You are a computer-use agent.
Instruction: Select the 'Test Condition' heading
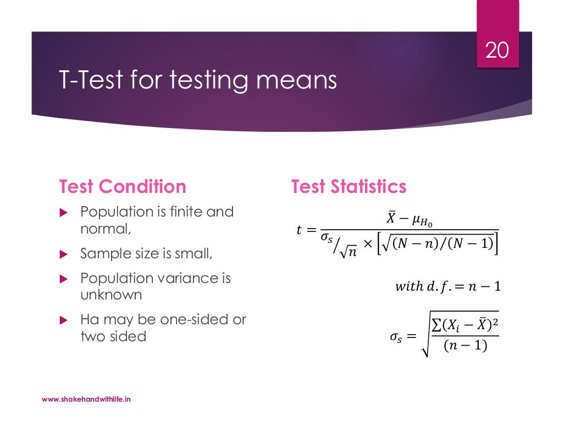click(123, 187)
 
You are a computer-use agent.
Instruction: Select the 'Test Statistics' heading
click(349, 187)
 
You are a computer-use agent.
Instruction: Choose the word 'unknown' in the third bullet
click(111, 295)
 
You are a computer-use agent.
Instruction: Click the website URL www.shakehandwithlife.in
click(86, 399)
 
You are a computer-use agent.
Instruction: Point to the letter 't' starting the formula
click(299, 230)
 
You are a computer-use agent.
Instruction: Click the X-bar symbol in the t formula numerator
click(391, 219)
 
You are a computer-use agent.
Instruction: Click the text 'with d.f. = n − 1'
click(448, 286)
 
